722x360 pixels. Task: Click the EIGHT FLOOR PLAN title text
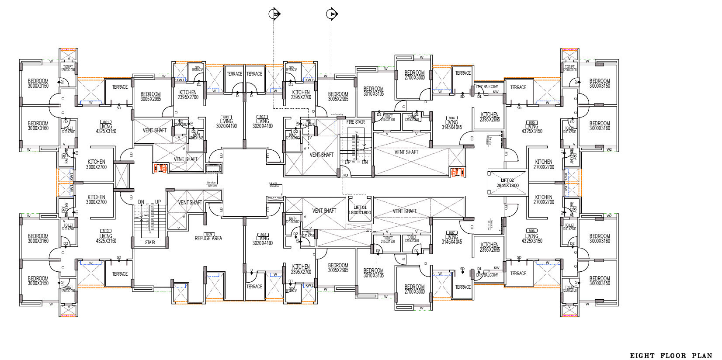[671, 356]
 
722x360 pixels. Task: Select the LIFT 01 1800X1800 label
[359, 210]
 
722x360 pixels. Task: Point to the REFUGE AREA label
[208, 238]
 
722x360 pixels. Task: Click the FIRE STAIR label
[355, 122]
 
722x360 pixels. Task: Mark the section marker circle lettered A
[332, 14]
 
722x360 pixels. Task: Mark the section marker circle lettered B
[274, 14]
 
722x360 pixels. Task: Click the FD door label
[345, 175]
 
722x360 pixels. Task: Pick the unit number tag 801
[106, 122]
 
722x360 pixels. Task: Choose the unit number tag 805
[532, 122]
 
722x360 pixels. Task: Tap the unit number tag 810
[106, 231]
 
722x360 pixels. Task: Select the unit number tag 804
[452, 118]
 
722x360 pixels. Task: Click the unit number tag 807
[452, 232]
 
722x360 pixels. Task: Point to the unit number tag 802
[226, 117]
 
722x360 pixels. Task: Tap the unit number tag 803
[263, 117]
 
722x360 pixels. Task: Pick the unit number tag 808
[263, 234]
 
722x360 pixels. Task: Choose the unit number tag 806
[532, 231]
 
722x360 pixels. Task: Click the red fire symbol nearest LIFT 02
[456, 172]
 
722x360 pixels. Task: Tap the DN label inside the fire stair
[364, 163]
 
